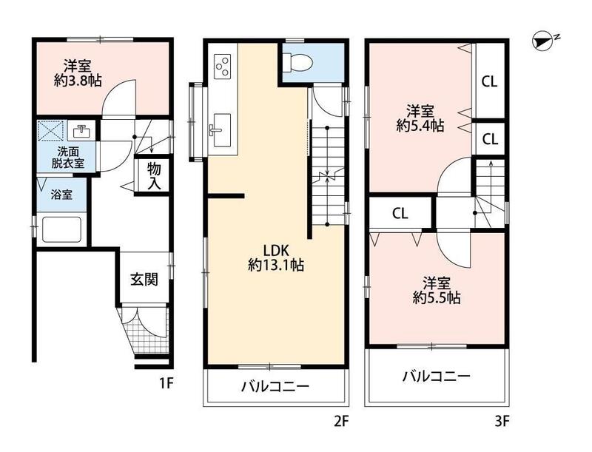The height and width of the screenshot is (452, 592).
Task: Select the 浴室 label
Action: (x=61, y=195)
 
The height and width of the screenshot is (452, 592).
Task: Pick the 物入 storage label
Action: (x=153, y=176)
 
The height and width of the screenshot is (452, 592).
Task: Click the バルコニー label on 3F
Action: (x=437, y=377)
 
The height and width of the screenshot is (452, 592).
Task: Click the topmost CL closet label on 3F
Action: (x=490, y=82)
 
